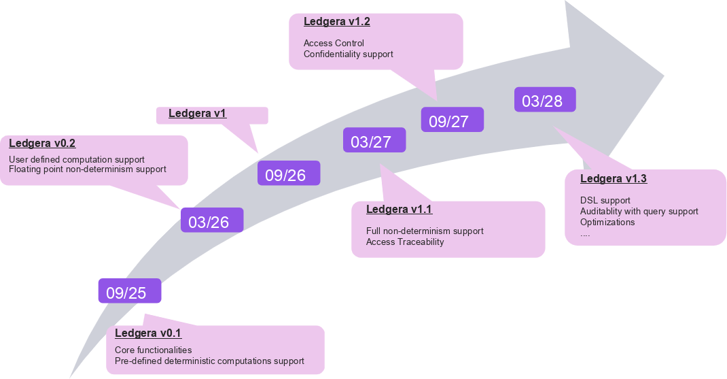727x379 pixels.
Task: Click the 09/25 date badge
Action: (x=129, y=292)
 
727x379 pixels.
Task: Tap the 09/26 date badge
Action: (x=288, y=174)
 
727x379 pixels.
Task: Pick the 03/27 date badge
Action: (x=374, y=141)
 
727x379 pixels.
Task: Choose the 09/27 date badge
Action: (x=452, y=120)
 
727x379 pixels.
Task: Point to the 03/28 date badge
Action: (x=544, y=100)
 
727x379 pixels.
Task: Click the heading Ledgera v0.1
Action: (x=148, y=333)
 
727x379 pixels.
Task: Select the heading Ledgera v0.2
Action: (x=42, y=144)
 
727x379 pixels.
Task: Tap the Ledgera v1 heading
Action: (x=197, y=114)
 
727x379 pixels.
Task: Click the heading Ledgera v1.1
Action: (x=399, y=209)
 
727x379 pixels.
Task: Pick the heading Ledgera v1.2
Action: (x=337, y=22)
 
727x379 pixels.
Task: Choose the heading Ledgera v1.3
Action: (x=614, y=179)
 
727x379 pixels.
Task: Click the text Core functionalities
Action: (x=154, y=350)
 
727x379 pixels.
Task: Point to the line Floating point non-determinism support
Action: (x=88, y=169)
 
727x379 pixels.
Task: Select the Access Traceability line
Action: (x=405, y=242)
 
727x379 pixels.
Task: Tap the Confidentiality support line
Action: (x=349, y=54)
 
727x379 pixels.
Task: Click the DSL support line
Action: (x=605, y=201)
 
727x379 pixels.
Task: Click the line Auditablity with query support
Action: (x=639, y=212)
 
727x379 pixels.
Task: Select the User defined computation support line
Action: (x=77, y=159)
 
